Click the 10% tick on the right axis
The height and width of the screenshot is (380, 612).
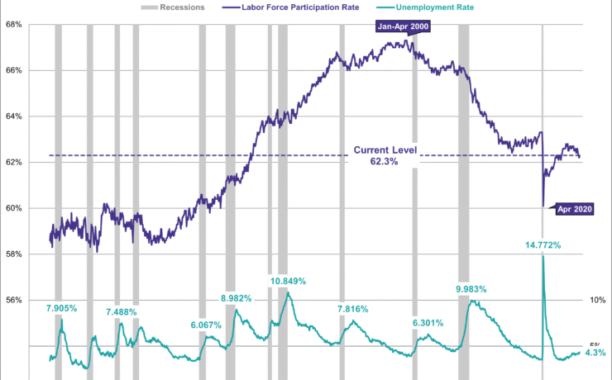(x=597, y=300)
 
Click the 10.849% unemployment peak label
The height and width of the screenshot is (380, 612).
(x=287, y=281)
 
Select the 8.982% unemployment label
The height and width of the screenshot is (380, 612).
(x=241, y=297)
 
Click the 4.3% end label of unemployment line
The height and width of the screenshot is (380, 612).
(x=595, y=353)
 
